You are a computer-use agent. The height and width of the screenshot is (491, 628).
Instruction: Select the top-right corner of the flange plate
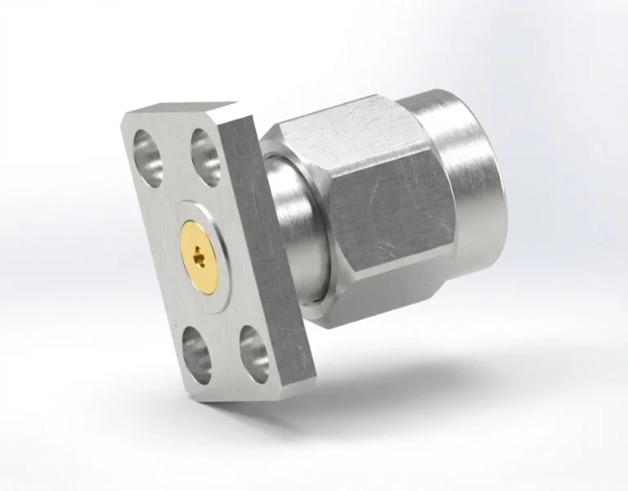point(238,104)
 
